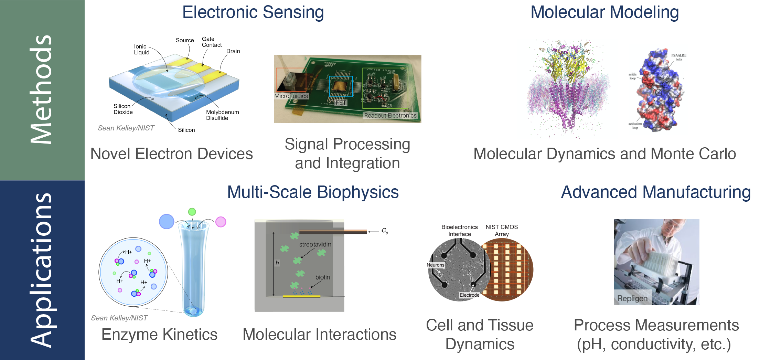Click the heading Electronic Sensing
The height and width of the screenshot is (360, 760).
click(253, 12)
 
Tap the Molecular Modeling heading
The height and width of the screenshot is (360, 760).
click(604, 12)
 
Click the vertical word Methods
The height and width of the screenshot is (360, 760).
click(41, 89)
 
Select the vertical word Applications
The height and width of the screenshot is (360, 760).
click(41, 270)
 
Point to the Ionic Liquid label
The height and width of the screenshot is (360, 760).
click(141, 50)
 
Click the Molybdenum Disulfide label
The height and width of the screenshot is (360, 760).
click(222, 115)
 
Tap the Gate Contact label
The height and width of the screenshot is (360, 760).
click(211, 42)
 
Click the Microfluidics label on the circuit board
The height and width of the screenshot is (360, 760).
click(291, 96)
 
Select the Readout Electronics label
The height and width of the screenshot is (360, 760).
click(390, 116)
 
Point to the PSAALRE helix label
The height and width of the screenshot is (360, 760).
click(678, 57)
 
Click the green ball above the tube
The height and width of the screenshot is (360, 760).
click(192, 212)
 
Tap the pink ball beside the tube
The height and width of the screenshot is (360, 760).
click(221, 222)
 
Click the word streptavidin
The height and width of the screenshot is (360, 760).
click(315, 244)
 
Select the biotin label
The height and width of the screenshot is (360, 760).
click(322, 277)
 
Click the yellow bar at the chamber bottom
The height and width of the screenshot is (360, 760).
click(301, 296)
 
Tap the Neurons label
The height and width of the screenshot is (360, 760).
click(435, 265)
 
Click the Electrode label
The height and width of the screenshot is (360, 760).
click(469, 295)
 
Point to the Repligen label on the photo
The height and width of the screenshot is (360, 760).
click(632, 298)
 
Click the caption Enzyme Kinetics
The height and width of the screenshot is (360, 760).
click(159, 335)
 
